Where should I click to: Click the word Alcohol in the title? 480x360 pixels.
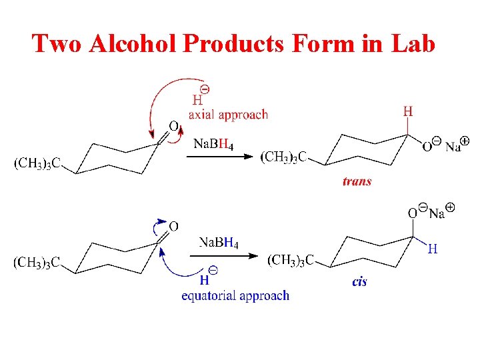click(x=135, y=43)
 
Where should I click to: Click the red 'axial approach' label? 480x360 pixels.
click(x=228, y=115)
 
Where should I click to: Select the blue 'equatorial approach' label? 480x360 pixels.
click(x=235, y=295)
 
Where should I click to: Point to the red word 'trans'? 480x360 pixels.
click(x=357, y=181)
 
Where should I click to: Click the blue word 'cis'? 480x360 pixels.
click(x=359, y=282)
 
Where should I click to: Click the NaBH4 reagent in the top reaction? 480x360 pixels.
click(x=213, y=144)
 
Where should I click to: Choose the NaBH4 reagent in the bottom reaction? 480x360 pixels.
click(x=219, y=242)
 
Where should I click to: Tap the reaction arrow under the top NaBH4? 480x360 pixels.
click(x=219, y=157)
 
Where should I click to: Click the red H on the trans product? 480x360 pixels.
click(x=408, y=112)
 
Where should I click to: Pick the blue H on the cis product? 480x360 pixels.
click(x=433, y=249)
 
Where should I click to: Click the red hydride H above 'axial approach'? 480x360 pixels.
click(x=197, y=101)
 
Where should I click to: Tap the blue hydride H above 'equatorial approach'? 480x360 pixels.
click(x=205, y=281)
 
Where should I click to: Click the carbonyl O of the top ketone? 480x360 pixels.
click(x=173, y=126)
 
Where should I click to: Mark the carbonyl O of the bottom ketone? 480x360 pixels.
click(x=173, y=227)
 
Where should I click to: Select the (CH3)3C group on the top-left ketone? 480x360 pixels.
click(x=37, y=162)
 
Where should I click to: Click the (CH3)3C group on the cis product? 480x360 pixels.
click(x=291, y=260)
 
